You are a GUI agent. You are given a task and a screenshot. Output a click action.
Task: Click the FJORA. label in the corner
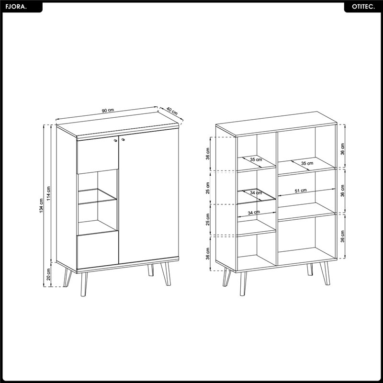click(x=16, y=7)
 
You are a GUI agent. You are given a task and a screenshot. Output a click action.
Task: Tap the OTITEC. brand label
click(x=363, y=7)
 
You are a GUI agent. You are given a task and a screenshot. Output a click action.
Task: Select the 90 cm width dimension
click(x=108, y=110)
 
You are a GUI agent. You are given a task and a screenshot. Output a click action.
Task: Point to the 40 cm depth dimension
click(x=172, y=111)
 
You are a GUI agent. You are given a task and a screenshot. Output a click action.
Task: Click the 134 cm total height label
click(x=41, y=205)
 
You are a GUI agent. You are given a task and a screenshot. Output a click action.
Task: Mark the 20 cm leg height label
click(x=48, y=274)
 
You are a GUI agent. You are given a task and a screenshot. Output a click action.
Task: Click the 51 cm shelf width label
click(x=301, y=191)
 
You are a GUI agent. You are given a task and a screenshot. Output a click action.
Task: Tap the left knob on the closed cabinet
click(x=115, y=140)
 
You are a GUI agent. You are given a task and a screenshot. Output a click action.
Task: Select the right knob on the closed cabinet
click(x=123, y=139)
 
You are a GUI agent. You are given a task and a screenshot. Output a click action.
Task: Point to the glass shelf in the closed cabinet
click(x=97, y=196)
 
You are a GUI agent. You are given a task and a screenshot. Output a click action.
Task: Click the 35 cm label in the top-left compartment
click(x=256, y=159)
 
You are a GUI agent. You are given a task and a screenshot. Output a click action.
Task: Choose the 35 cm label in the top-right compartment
click(x=307, y=163)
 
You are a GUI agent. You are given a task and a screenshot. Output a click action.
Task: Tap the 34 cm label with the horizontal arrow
click(x=254, y=213)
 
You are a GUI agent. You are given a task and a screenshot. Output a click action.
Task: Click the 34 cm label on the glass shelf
click(x=256, y=193)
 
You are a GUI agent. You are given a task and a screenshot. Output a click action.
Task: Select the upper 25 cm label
click(x=208, y=188)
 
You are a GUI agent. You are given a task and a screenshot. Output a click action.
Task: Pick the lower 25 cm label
click(x=208, y=219)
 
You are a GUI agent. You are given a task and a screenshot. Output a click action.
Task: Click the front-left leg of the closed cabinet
click(x=84, y=284)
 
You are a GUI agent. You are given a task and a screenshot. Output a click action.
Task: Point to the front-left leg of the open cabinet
click(x=243, y=283)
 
